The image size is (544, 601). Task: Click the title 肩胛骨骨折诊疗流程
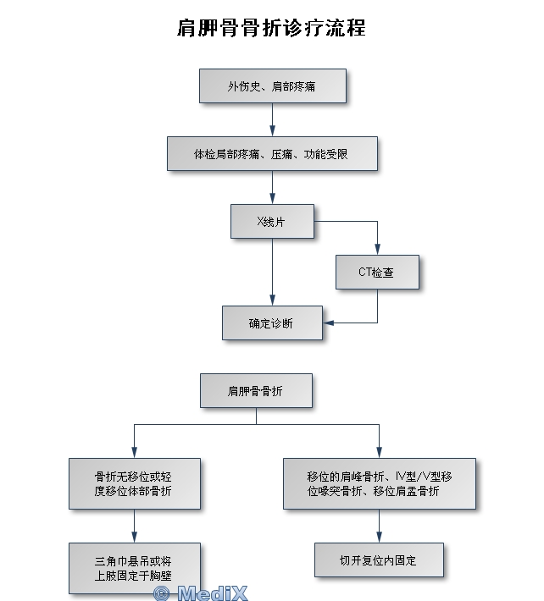(271, 28)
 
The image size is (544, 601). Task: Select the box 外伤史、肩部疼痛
(273, 86)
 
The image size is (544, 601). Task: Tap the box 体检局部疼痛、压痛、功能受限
(271, 154)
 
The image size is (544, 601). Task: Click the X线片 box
(272, 221)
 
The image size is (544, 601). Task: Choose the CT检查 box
(377, 273)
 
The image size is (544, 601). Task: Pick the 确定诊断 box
(272, 323)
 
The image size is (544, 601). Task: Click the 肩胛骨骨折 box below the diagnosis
(256, 391)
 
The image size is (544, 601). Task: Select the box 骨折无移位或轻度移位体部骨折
(135, 483)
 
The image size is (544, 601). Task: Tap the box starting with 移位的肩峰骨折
(379, 483)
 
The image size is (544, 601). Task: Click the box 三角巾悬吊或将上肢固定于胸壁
(135, 568)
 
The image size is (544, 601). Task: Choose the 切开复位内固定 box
(379, 560)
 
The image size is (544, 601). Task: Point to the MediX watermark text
(213, 593)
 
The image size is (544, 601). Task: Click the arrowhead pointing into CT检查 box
(378, 251)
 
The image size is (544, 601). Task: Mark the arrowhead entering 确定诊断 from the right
(328, 323)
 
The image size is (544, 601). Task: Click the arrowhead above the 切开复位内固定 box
(379, 538)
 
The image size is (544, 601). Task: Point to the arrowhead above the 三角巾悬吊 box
(135, 538)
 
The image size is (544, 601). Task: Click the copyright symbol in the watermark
(161, 593)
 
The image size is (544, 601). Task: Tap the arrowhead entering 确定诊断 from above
(272, 300)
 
